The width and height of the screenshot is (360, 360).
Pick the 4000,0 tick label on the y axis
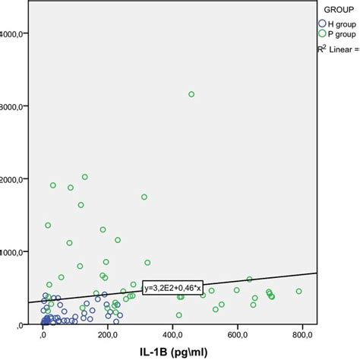click(x=15, y=33)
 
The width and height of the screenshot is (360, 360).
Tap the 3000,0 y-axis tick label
click(x=15, y=106)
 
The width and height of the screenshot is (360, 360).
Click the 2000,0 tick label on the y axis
click(x=15, y=179)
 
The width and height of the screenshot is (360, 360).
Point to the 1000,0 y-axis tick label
click(x=15, y=251)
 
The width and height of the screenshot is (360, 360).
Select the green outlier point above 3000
click(x=191, y=94)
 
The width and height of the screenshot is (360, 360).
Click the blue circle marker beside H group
click(x=321, y=23)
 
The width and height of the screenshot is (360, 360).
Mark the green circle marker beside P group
click(x=321, y=34)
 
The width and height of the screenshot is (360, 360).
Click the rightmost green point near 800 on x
click(x=298, y=291)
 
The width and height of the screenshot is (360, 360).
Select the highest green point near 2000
click(x=85, y=177)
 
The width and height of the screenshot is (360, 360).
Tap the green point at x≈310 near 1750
click(x=144, y=197)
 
